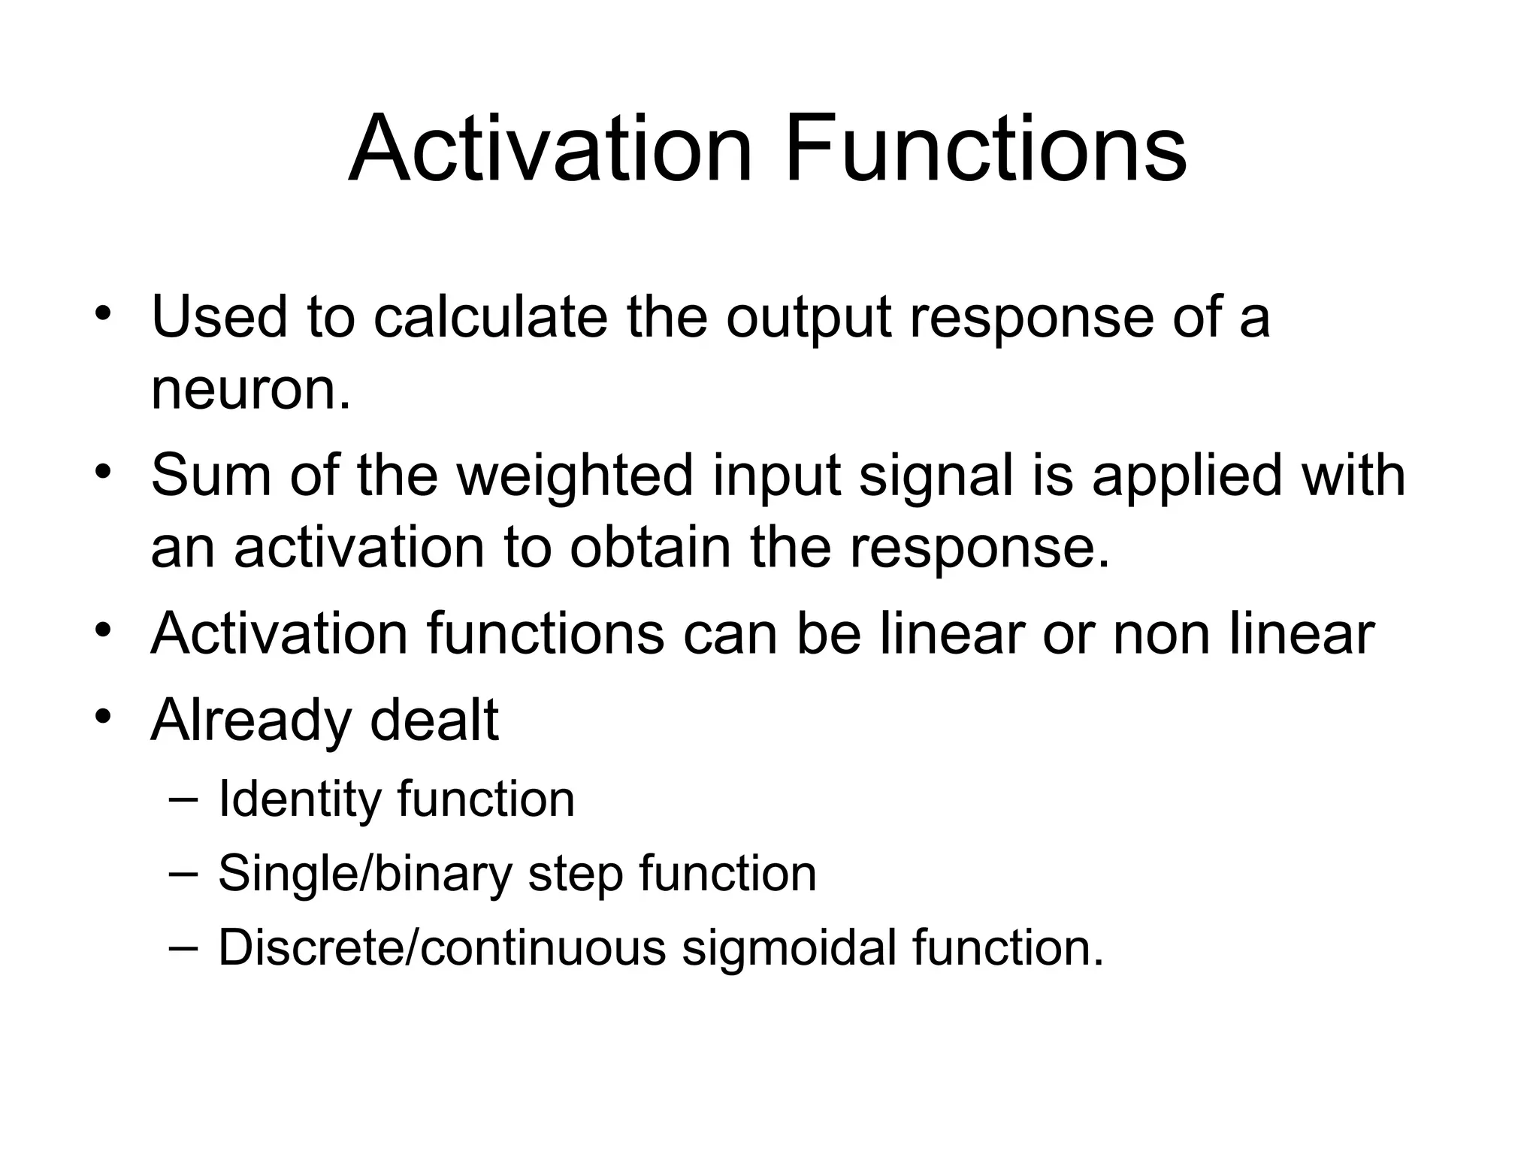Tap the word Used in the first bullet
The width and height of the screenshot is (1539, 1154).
pos(219,316)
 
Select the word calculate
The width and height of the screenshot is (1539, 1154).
pos(489,316)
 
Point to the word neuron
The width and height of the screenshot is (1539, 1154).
pos(250,391)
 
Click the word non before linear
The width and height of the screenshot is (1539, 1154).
pos(1162,635)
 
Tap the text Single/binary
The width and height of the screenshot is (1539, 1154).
pos(364,875)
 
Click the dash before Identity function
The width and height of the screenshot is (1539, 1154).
pos(183,799)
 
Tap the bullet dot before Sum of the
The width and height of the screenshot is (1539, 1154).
pos(103,471)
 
